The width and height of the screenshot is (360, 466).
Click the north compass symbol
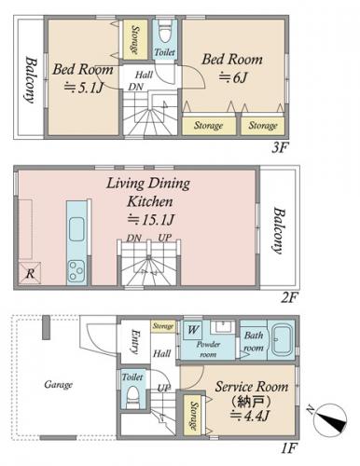tap(330, 420)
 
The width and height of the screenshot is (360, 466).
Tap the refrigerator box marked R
tap(30, 273)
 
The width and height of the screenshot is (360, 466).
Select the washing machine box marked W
tap(192, 329)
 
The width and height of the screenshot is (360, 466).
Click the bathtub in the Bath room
tap(281, 340)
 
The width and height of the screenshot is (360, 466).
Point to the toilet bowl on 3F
tap(165, 33)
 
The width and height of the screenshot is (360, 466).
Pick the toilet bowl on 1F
tap(133, 397)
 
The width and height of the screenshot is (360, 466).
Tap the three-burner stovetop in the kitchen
tap(76, 271)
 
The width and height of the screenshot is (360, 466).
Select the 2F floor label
tap(289, 298)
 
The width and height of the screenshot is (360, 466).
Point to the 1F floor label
tap(289, 448)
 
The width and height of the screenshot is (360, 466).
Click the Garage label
tap(58, 385)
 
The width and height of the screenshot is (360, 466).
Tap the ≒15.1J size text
tap(150, 220)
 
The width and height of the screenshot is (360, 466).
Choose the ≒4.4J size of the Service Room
tap(249, 416)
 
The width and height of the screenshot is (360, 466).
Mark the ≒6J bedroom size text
tap(233, 77)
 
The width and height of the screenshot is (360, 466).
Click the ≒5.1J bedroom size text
tap(83, 88)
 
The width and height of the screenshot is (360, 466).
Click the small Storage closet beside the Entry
tap(163, 326)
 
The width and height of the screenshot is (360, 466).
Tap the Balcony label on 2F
tap(279, 230)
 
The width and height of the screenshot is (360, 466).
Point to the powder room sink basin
tap(223, 327)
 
